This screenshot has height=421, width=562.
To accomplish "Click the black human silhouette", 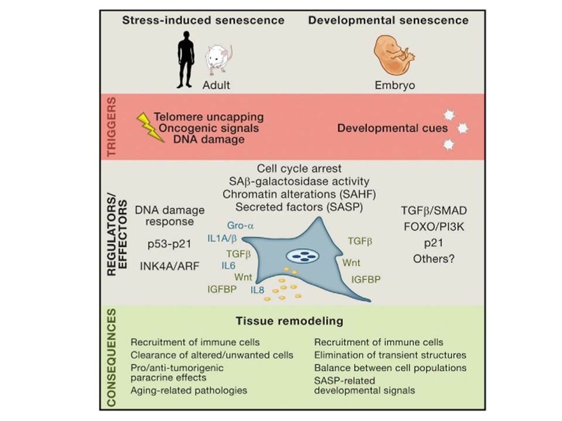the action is (186, 60).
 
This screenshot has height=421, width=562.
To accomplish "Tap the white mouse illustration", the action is (218, 60).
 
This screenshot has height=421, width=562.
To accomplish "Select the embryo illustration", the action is (393, 56).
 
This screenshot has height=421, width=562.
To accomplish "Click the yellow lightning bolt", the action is (150, 127).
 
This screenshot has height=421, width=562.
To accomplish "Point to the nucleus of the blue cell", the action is (303, 256).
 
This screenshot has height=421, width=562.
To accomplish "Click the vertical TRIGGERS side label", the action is (112, 126).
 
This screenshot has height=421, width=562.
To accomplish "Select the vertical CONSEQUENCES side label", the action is (112, 358).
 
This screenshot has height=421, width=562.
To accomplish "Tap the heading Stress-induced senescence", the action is (203, 20).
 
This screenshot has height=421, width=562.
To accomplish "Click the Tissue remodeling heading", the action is (290, 321).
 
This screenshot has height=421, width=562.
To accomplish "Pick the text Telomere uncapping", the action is (209, 117).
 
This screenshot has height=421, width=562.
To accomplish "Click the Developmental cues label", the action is (392, 128).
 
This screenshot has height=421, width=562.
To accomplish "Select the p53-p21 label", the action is (169, 244).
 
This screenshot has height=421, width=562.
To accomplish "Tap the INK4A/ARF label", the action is (170, 267).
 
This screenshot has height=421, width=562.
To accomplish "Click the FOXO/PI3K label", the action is (434, 227).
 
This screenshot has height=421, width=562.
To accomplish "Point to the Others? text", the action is (434, 258).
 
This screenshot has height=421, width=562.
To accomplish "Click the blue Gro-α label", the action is (241, 226).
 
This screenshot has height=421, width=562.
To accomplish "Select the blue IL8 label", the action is (258, 289).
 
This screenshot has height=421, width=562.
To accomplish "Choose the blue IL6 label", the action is (228, 265).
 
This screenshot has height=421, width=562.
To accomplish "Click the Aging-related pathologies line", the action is (189, 390).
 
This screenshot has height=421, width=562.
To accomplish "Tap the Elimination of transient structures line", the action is (390, 355).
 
